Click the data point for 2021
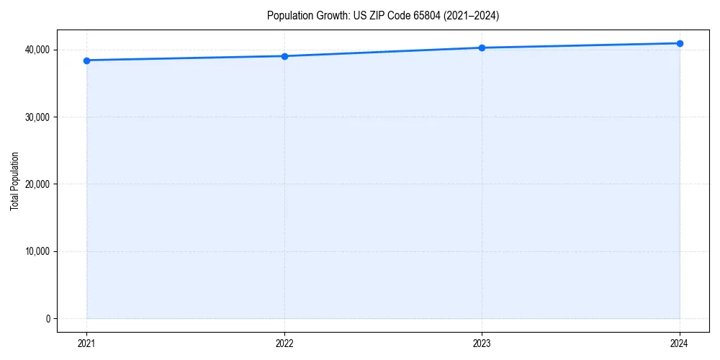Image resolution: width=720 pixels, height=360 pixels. (x=86, y=60)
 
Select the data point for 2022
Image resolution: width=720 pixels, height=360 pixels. (x=284, y=56)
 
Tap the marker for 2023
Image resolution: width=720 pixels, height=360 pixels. (x=482, y=48)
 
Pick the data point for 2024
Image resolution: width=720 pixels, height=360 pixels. (x=680, y=43)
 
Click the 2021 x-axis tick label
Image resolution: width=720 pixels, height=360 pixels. (x=86, y=343)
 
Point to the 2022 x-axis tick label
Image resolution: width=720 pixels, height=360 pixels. (x=284, y=343)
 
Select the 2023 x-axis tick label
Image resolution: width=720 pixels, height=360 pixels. (x=482, y=343)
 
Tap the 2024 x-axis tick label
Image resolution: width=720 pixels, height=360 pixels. (x=680, y=343)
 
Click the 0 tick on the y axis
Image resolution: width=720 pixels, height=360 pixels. (x=48, y=318)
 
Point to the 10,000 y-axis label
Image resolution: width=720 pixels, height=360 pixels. (x=37, y=251)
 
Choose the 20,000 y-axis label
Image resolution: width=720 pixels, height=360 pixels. (x=37, y=184)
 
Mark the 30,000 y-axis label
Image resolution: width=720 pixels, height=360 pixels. (x=37, y=117)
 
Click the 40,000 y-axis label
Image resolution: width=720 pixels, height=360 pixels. (x=37, y=50)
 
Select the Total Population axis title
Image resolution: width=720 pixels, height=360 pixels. (x=14, y=181)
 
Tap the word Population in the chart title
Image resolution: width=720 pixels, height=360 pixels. (x=286, y=15)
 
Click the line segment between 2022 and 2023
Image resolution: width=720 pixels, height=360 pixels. (x=383, y=52)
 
